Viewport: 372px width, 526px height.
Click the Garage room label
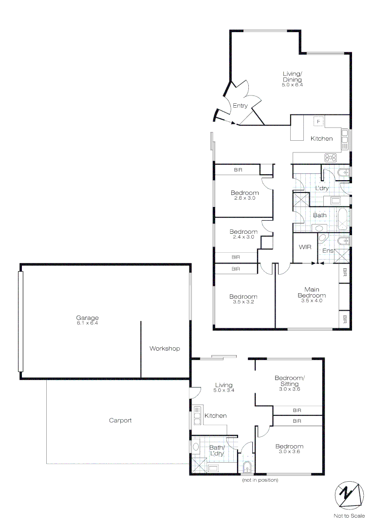click(x=87, y=318)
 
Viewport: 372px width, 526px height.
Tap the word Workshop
click(x=165, y=348)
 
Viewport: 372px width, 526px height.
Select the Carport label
click(x=120, y=420)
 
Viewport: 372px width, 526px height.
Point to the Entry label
click(x=240, y=106)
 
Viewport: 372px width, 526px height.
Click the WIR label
click(x=305, y=247)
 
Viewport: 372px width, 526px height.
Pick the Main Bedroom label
click(x=312, y=292)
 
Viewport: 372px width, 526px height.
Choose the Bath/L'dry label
click(x=217, y=451)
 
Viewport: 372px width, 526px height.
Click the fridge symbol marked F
click(x=319, y=121)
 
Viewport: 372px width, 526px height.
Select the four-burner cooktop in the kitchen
click(x=331, y=157)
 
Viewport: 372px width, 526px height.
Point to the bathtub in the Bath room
click(x=343, y=219)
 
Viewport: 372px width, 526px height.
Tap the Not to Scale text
click(x=349, y=516)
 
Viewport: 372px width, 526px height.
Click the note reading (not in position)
click(x=260, y=480)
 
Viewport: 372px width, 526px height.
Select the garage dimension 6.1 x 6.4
click(x=87, y=323)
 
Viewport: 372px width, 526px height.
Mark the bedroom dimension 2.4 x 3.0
click(x=243, y=237)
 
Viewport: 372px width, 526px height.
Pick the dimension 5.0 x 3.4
click(x=224, y=390)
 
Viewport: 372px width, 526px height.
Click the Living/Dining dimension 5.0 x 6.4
click(x=292, y=85)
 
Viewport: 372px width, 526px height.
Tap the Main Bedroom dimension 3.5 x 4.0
click(x=312, y=301)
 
